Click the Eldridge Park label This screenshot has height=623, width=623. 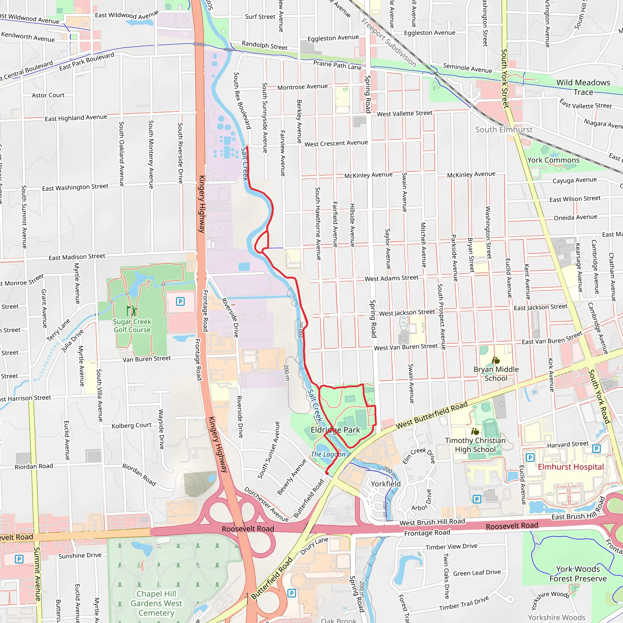(x=335, y=430)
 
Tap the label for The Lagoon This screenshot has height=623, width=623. (x=328, y=454)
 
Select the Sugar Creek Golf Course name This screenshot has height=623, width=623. (x=132, y=326)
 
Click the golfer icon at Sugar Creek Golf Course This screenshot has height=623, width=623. (x=131, y=311)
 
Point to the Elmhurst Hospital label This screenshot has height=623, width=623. (x=570, y=467)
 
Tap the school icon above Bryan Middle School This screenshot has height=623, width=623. (x=496, y=360)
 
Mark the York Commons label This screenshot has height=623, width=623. (x=553, y=160)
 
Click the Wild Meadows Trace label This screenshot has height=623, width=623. (x=583, y=87)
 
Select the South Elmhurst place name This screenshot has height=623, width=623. (x=504, y=130)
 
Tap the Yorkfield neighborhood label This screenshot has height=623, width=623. (x=386, y=484)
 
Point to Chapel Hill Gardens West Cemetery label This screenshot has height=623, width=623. (x=156, y=603)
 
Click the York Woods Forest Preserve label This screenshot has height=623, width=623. (x=578, y=574)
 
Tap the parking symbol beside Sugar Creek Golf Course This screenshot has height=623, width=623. (x=180, y=301)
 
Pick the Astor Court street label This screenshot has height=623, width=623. (x=48, y=96)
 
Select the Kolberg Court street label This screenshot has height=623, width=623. (x=131, y=426)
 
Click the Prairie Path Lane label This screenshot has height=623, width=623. (x=337, y=65)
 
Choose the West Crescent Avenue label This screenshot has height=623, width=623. (x=336, y=143)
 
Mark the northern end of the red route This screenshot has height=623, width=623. (x=247, y=147)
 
